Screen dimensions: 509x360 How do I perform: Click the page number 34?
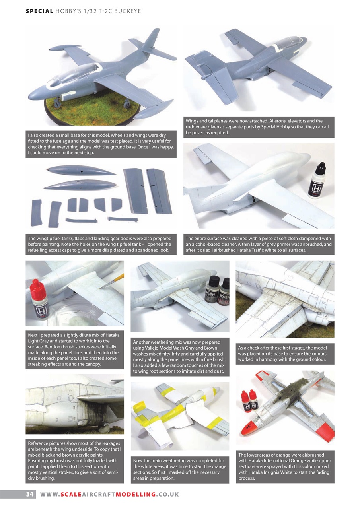point(29,494)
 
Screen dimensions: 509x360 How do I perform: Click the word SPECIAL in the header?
point(39,11)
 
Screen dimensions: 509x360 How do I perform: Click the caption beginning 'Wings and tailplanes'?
point(259,127)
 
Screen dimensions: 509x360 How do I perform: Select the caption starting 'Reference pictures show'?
point(75,460)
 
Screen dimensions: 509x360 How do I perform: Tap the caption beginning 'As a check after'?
point(285,354)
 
